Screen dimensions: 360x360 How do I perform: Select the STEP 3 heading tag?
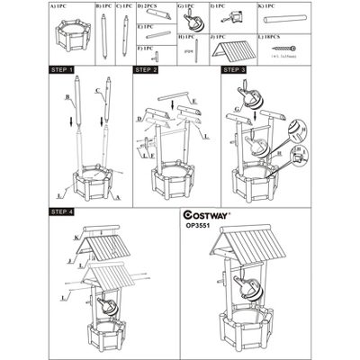[233, 69]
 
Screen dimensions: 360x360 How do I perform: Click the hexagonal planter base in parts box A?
[68, 39]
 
